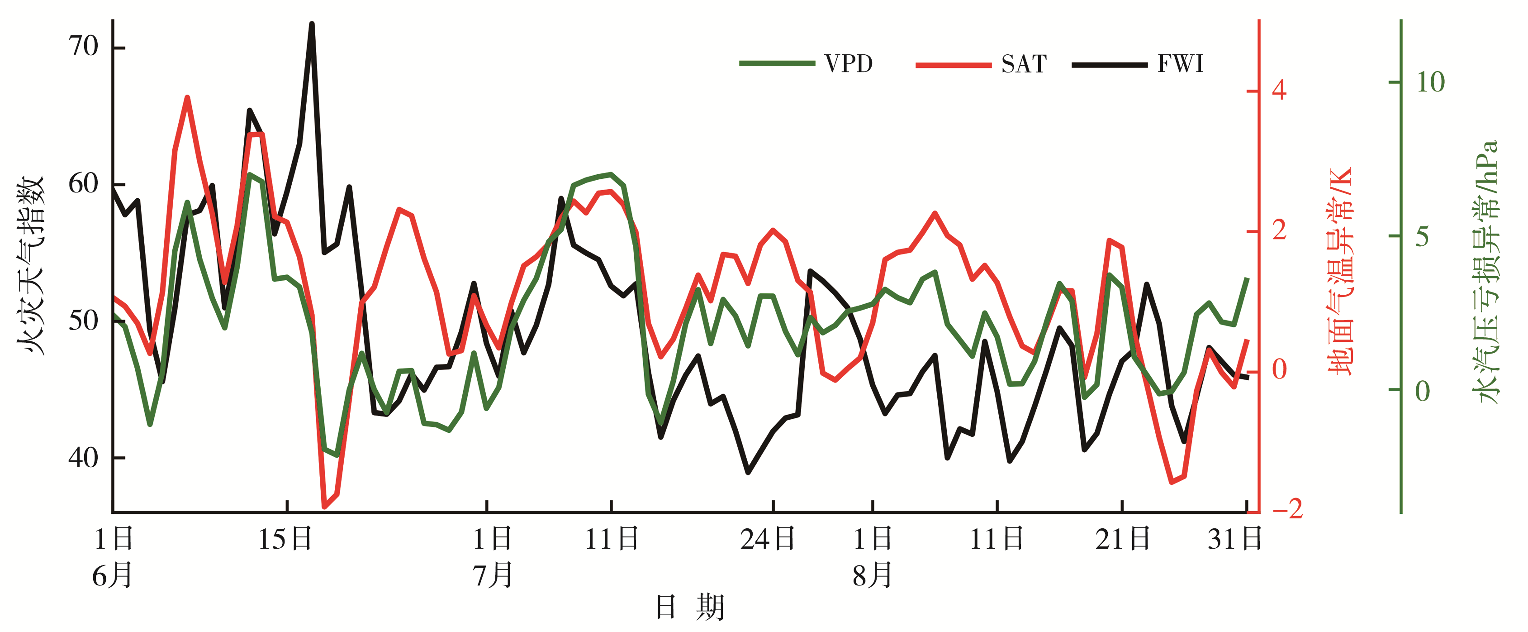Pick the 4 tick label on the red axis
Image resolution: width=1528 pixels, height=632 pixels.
pos(1280,91)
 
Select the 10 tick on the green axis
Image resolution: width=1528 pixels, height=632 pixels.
pos(1430,82)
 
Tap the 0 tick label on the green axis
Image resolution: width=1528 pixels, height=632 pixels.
pos(1423,391)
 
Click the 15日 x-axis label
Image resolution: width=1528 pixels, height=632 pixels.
pos(285,539)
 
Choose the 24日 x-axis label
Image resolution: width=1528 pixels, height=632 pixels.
pos(768,539)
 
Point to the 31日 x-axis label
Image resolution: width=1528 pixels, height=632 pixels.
pos(1234,539)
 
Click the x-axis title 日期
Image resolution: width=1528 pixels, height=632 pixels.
pos(690,608)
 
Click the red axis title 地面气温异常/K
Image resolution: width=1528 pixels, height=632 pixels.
pos(1341,272)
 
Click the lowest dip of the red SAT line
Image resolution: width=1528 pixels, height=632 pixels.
pos(324,507)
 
